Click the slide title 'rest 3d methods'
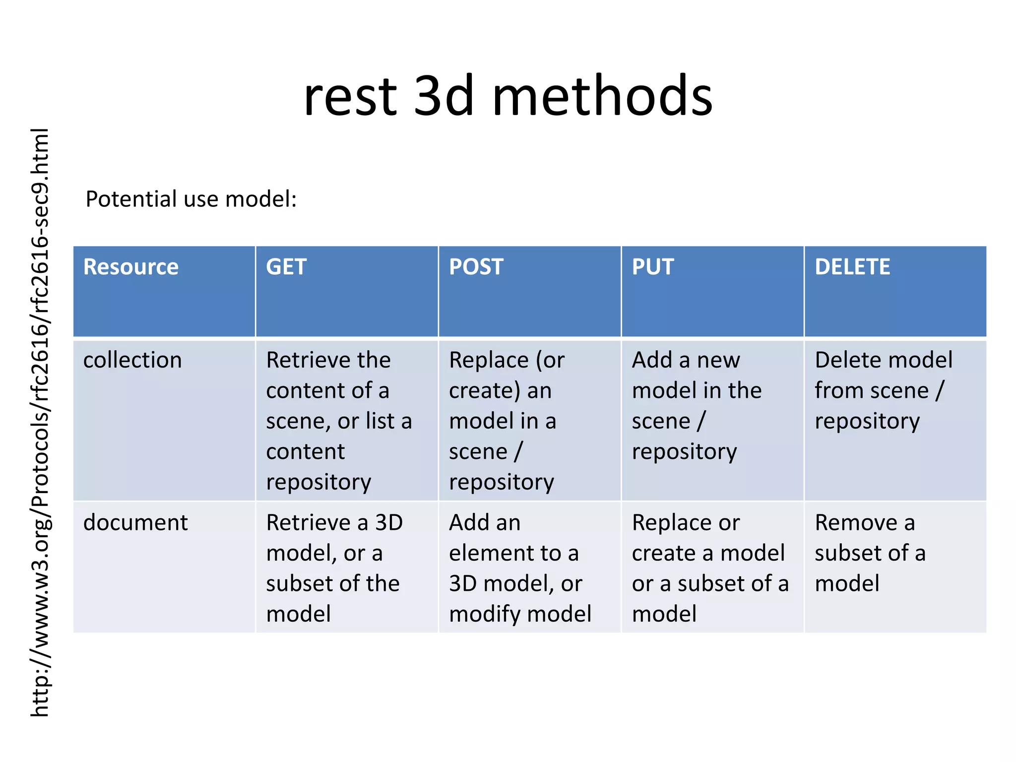508,96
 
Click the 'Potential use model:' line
191,199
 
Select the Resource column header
131,267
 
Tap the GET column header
286,267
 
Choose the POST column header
476,267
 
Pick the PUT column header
652,267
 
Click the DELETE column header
852,267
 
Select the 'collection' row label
132,360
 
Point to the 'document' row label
135,523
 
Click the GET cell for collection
339,421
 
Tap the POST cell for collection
506,421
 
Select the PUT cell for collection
696,406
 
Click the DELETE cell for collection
883,390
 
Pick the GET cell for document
333,568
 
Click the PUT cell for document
709,568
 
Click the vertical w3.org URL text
40,422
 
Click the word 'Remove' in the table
856,523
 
